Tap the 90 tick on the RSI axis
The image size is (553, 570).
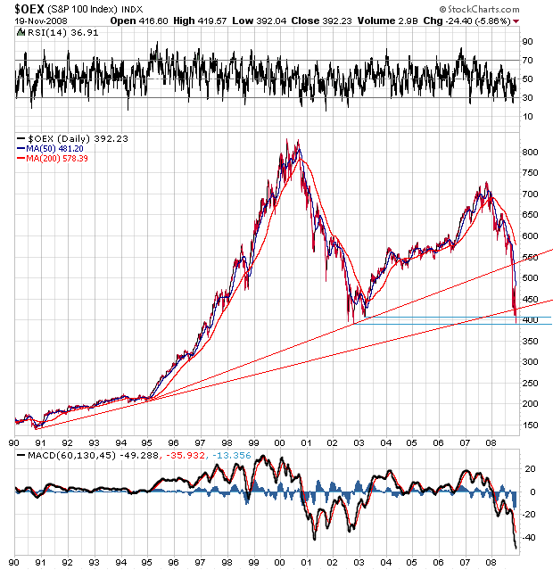pyautogui.click(x=528, y=41)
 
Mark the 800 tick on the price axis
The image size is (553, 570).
pyautogui.click(x=530, y=153)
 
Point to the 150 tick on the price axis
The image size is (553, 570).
pyautogui.click(x=530, y=425)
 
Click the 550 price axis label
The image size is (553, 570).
pyautogui.click(x=530, y=257)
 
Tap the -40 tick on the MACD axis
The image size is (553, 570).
pyautogui.click(x=529, y=537)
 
